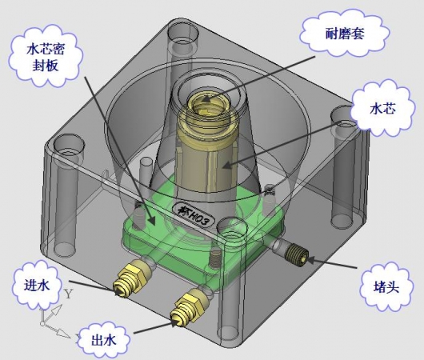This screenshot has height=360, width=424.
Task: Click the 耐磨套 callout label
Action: point(345,34)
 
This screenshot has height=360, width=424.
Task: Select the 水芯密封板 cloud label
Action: point(45,58)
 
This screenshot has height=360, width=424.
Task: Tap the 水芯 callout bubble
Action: point(382,109)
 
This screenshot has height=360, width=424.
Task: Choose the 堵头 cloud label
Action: point(386,287)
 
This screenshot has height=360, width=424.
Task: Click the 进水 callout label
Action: point(37,285)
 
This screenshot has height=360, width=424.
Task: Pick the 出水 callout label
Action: point(103,340)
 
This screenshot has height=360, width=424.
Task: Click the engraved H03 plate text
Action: point(194,215)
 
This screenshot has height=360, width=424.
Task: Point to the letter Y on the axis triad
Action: point(69,294)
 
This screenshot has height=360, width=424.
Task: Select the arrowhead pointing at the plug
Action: point(311,260)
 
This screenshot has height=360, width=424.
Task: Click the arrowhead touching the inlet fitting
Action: point(118,292)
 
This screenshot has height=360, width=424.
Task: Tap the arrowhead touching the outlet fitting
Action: point(176,322)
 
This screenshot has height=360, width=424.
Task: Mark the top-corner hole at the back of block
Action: point(183,31)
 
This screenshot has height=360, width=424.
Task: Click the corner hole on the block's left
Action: point(69,144)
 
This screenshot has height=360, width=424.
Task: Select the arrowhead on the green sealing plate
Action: point(152,220)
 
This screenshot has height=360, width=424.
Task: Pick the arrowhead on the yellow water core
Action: point(228,164)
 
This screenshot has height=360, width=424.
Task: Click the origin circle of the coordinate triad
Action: point(42,323)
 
